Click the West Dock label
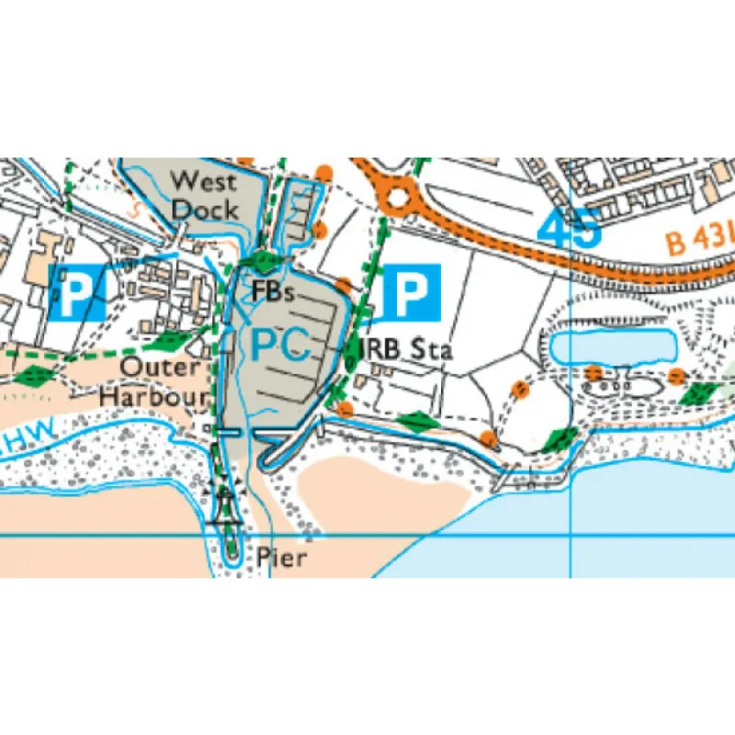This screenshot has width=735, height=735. pyautogui.click(x=204, y=194)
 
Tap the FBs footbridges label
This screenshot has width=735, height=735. pyautogui.click(x=273, y=293)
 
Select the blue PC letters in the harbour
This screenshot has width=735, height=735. pyautogui.click(x=277, y=345)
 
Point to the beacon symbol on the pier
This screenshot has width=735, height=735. pyautogui.click(x=223, y=503)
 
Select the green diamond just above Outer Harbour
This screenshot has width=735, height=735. pyautogui.click(x=169, y=342)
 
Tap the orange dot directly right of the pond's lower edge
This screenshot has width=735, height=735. pyautogui.click(x=677, y=375)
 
